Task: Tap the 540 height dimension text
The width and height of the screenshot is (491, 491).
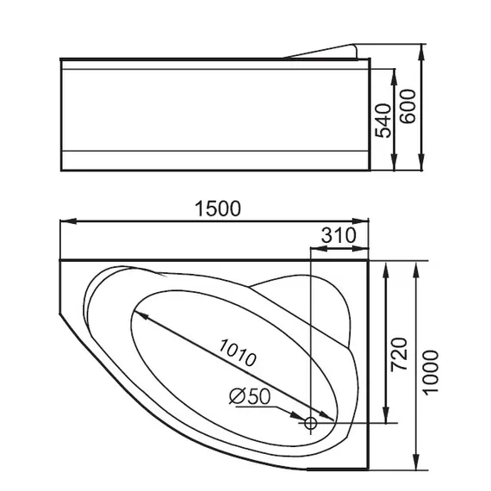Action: [x=382, y=120]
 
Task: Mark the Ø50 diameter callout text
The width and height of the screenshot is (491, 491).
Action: [x=250, y=397]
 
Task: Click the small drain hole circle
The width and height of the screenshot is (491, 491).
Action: [x=311, y=424]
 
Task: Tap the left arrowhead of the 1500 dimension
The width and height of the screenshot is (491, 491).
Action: [x=65, y=222]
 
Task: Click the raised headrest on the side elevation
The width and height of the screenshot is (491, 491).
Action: [x=325, y=51]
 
